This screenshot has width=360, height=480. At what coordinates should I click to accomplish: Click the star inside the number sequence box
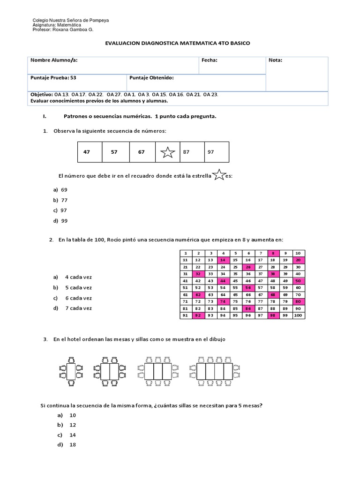pyautogui.click(x=167, y=152)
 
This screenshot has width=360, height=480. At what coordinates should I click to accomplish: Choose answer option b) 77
pyautogui.click(x=61, y=200)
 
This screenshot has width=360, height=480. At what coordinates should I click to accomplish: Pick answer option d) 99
pyautogui.click(x=61, y=221)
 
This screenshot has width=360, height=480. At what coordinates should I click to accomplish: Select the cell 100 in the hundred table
pyautogui.click(x=299, y=316)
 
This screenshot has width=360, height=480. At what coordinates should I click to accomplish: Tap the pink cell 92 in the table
pyautogui.click(x=198, y=316)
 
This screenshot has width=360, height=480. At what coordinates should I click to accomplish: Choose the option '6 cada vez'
pyautogui.click(x=75, y=298)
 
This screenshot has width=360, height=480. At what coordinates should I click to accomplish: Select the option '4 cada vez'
pyautogui.click(x=75, y=277)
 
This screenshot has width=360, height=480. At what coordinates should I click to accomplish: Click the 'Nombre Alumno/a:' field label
pyautogui.click(x=54, y=60)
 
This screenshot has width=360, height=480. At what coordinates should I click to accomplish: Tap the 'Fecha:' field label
pyautogui.click(x=209, y=60)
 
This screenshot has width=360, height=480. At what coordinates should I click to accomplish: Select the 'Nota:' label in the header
pyautogui.click(x=275, y=60)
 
